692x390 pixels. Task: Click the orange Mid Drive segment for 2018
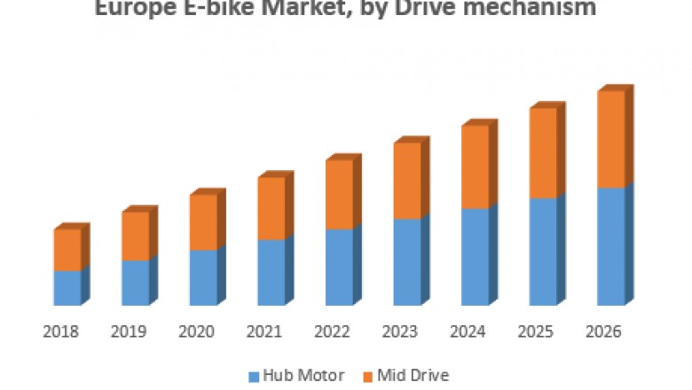[67, 249]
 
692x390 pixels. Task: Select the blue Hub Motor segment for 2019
[135, 283]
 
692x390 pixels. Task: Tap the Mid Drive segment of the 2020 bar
[203, 222]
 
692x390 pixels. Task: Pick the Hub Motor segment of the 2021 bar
[271, 272]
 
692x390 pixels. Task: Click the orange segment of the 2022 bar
[339, 194]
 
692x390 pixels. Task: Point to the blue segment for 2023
[407, 261]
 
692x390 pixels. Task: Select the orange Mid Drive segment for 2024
[475, 167]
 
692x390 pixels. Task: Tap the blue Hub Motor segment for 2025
[543, 252]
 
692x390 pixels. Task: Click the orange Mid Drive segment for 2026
[610, 139]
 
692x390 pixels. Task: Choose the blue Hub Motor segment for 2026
[610, 246]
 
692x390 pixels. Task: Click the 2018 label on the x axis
[61, 331]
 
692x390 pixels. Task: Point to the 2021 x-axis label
[264, 331]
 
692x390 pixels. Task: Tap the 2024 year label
[468, 331]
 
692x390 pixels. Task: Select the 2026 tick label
[604, 331]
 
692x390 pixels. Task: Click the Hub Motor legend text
[303, 375]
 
